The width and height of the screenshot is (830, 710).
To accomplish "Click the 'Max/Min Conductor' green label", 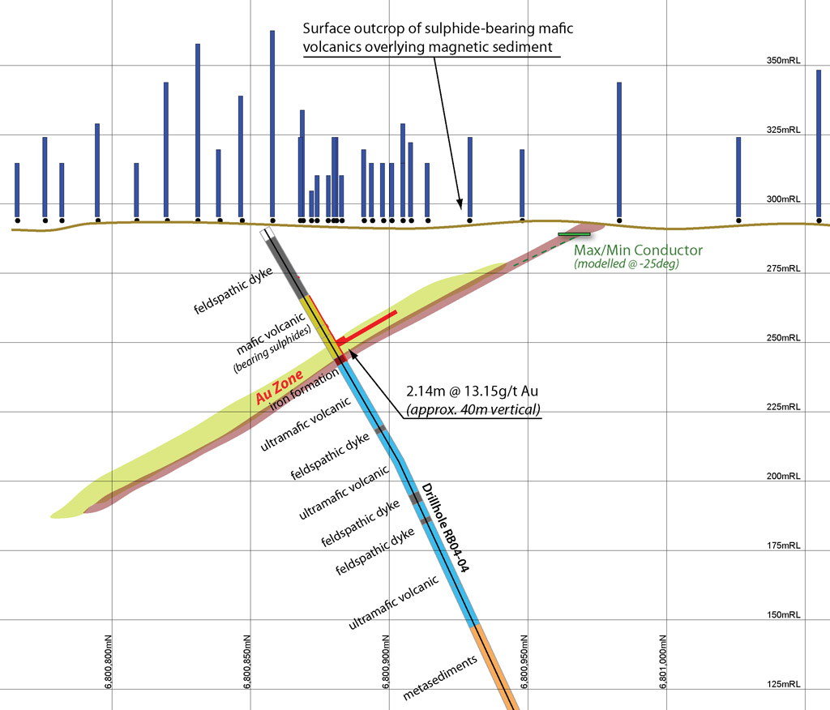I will (x=639, y=250).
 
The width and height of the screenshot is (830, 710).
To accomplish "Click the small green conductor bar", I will (x=574, y=234).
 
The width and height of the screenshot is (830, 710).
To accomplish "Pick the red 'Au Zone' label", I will (x=279, y=387).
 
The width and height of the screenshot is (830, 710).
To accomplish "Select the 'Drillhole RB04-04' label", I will (x=443, y=528).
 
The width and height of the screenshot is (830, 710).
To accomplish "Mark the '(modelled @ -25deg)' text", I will (x=625, y=264).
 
